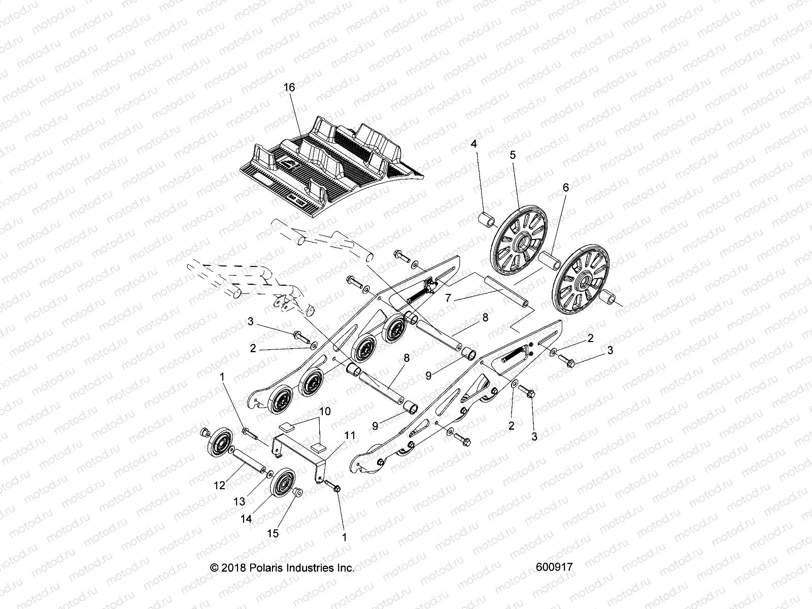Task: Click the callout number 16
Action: pos(289,88)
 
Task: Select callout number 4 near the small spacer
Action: pos(473,144)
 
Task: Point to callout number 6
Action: pos(565,188)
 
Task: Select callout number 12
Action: pos(219,486)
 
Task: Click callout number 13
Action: pos(239,501)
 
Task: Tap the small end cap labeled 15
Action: pos(298,493)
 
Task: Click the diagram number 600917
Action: pos(554,567)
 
